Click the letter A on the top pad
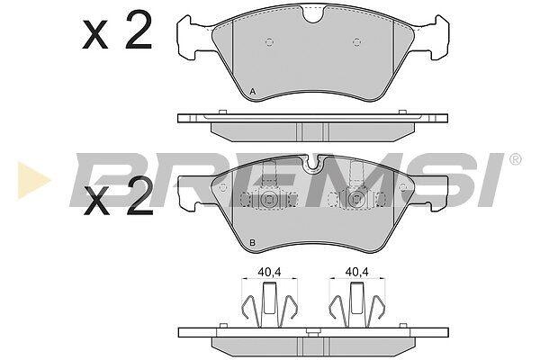pyautogui.click(x=252, y=92)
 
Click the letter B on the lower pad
pyautogui.click(x=252, y=243)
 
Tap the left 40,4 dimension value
pyautogui.click(x=269, y=272)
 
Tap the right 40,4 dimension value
pyautogui.click(x=357, y=272)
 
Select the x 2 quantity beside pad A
pyautogui.click(x=117, y=30)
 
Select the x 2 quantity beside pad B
pyautogui.click(x=118, y=196)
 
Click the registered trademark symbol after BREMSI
pyautogui.click(x=516, y=159)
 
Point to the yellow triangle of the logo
pyautogui.click(x=33, y=180)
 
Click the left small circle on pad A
pyautogui.click(x=270, y=42)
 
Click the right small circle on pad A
pyautogui.click(x=357, y=42)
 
